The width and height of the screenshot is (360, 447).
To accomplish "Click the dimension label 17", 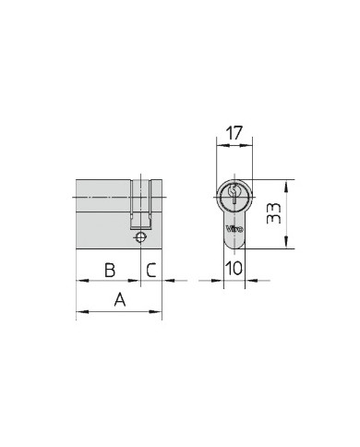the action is pos(234,133).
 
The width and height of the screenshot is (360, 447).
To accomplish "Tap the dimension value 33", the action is pos(274,213).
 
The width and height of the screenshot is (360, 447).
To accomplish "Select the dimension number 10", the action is pos(234,268).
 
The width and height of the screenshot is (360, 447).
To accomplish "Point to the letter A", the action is pos(120,299).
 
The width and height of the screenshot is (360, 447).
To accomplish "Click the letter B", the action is pos(110,270).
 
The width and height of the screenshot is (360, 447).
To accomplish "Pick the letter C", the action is pos(151,270).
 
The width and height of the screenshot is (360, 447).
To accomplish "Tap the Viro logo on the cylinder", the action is pos(234,229).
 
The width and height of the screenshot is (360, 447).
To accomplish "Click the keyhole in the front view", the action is pos(234,193).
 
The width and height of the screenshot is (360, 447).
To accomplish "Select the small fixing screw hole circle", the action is pos(140,237).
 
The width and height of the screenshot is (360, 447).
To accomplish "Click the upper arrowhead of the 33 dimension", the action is pos(286,187).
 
